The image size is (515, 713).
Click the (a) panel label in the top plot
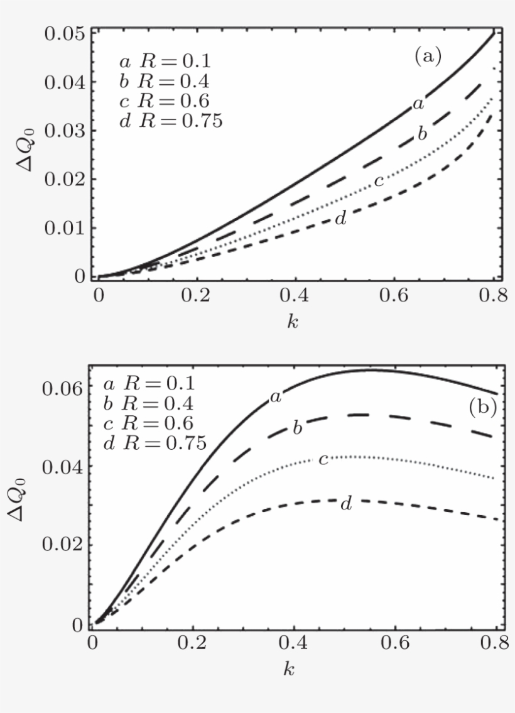pyautogui.click(x=428, y=57)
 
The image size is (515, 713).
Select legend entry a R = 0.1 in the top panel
pyautogui.click(x=165, y=62)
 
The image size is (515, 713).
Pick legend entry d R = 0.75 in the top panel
pyautogui.click(x=170, y=121)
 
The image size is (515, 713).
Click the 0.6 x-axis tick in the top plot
pyautogui.click(x=394, y=296)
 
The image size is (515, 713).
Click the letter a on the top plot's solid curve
pyautogui.click(x=418, y=104)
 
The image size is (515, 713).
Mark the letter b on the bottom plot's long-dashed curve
pyautogui.click(x=298, y=428)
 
